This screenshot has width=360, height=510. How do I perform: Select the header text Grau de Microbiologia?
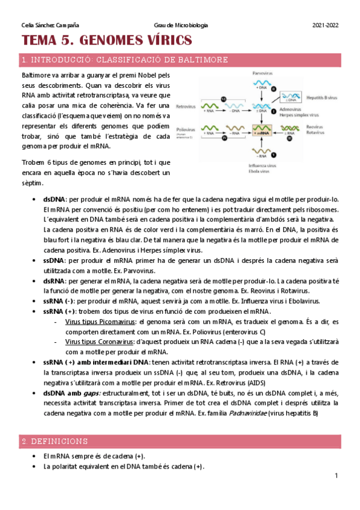[181, 25]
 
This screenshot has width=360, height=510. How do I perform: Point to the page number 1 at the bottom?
[337, 476]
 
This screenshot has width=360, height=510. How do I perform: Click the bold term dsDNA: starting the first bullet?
[55, 200]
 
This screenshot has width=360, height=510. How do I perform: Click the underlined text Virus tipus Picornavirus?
[100, 322]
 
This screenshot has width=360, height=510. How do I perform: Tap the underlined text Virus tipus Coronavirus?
[99, 342]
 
